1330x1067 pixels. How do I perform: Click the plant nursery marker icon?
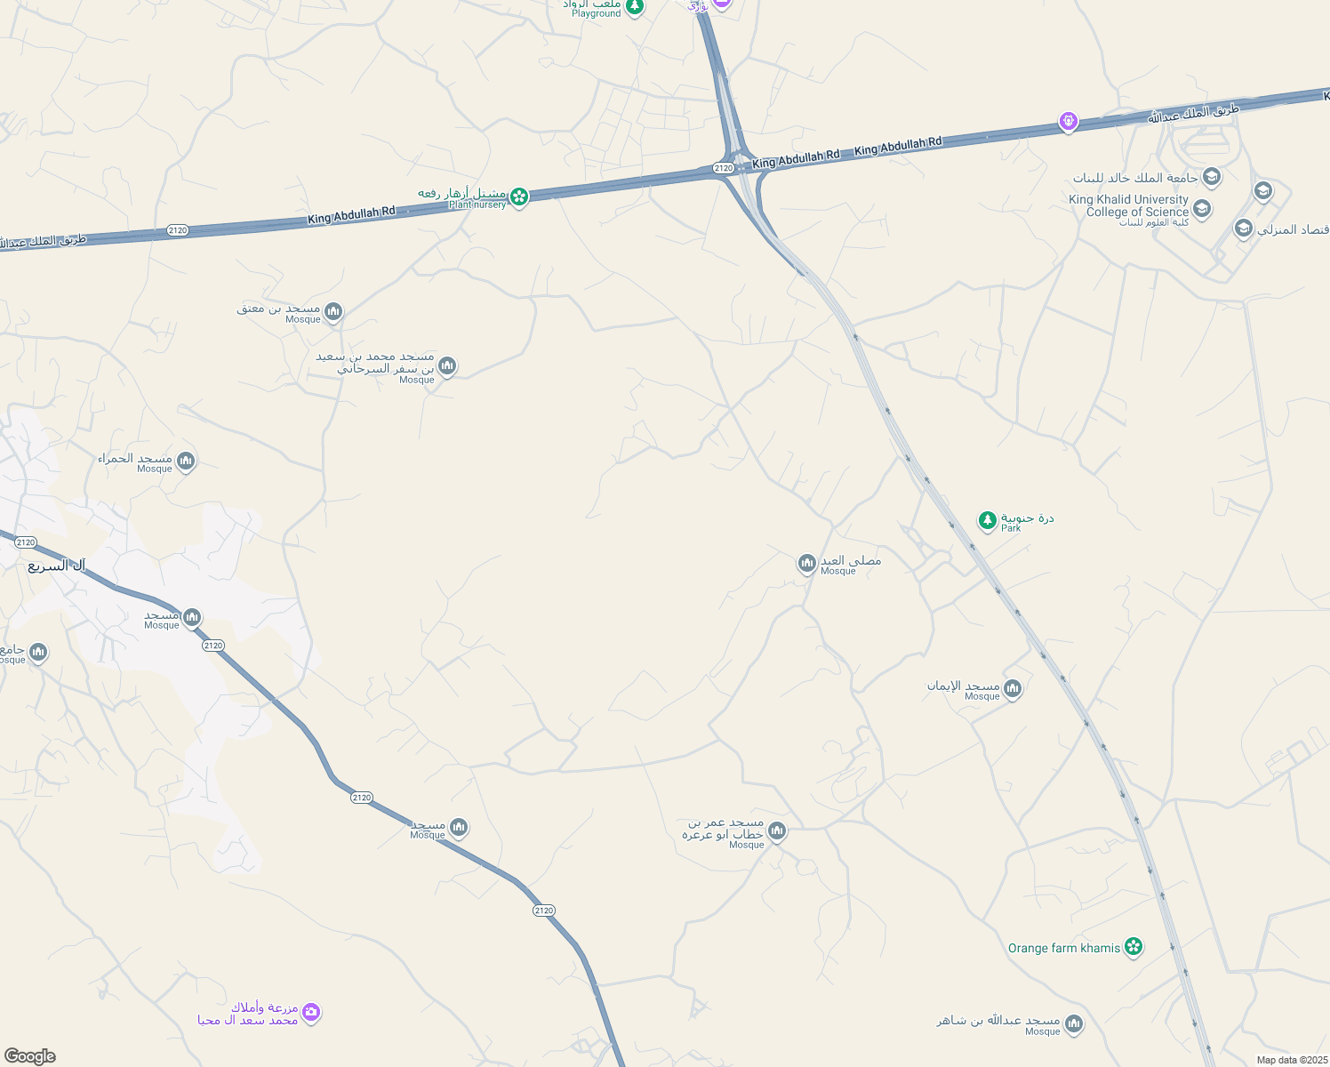coord(519,196)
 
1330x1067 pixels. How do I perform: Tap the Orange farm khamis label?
coord(1063,948)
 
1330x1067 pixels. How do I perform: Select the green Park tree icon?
coord(987,520)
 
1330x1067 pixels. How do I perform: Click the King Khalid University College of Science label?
coord(1128,206)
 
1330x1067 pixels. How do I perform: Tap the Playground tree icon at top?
coord(634,7)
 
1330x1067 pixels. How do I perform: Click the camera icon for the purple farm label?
coord(310,1012)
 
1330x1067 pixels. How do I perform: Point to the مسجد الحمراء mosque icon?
coord(186,461)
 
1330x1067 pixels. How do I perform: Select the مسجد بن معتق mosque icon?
coord(333,311)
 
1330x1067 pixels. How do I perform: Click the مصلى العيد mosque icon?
coord(806,563)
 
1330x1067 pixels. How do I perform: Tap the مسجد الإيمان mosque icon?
coord(1012,688)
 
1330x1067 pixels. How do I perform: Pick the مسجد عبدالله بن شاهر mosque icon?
coord(1074,1024)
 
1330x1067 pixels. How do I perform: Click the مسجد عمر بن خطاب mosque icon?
coord(777,831)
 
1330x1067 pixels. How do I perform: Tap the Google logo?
coord(29,1055)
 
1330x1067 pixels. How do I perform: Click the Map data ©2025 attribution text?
coord(1291,1060)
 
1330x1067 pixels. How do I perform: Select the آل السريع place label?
coord(56,566)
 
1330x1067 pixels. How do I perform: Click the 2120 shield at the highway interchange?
coord(723,168)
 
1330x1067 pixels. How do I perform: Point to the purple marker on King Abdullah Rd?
coord(1069,121)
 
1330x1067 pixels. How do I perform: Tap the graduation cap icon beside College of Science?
coord(1202,209)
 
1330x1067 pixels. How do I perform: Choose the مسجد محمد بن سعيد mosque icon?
coord(447,365)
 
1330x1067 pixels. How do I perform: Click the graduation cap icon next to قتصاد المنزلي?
coord(1243,229)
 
